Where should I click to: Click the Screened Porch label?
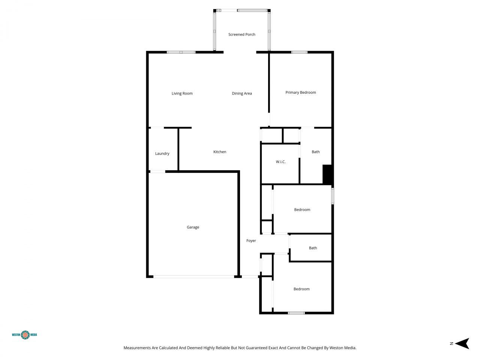pyautogui.click(x=242, y=34)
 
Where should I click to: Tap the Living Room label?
pyautogui.click(x=182, y=93)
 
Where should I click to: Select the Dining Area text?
pyautogui.click(x=242, y=93)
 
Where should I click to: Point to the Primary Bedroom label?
pyautogui.click(x=300, y=93)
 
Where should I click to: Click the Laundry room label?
pyautogui.click(x=162, y=154)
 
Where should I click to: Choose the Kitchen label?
pyautogui.click(x=220, y=152)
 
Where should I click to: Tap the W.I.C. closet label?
pyautogui.click(x=280, y=162)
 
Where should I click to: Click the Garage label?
pyautogui.click(x=193, y=227)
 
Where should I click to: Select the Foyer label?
pyautogui.click(x=251, y=241)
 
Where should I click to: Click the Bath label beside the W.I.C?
pyautogui.click(x=316, y=152)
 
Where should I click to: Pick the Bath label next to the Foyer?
pyautogui.click(x=313, y=248)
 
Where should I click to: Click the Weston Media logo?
pyautogui.click(x=25, y=334)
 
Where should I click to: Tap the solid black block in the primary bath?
pyautogui.click(x=328, y=175)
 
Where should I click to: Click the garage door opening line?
pyautogui.click(x=193, y=277)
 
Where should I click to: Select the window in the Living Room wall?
pyautogui.click(x=181, y=52)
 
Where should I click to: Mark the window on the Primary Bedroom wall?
pyautogui.click(x=299, y=52)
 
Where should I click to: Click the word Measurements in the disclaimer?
pyautogui.click(x=137, y=348)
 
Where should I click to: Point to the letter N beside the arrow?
pyautogui.click(x=451, y=343)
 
